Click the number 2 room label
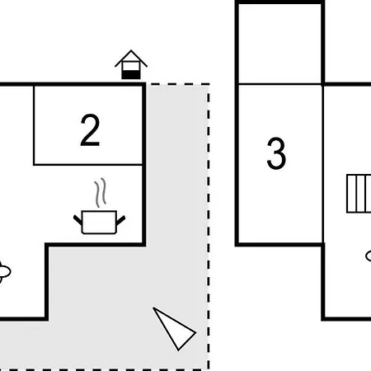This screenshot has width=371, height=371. coord(90,130)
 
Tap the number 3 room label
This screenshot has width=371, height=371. coord(276,153)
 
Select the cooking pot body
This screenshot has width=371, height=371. coord(99,223)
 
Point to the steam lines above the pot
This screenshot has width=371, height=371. coord(101,192)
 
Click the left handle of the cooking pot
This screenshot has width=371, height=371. coord(77,220)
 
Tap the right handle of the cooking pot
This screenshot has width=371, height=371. coord(121,220)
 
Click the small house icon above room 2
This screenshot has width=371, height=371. coord(131,64)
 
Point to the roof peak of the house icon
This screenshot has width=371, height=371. coord(131,50)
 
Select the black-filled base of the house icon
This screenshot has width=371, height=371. coord(131,74)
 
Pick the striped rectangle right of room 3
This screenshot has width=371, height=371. coord(359,194)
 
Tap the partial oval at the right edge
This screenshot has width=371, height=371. coord(369,256)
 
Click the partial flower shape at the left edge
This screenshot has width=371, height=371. coord(4,271)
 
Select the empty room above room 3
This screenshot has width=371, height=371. coord(279,44)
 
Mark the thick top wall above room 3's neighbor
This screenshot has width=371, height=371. coord(279,2)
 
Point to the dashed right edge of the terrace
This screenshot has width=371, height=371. coord(209,227)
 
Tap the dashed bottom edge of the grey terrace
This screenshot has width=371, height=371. coord(105,369)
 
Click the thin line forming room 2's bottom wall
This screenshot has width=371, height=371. coord(88,165)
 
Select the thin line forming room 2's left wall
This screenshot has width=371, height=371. coord(34,125)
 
